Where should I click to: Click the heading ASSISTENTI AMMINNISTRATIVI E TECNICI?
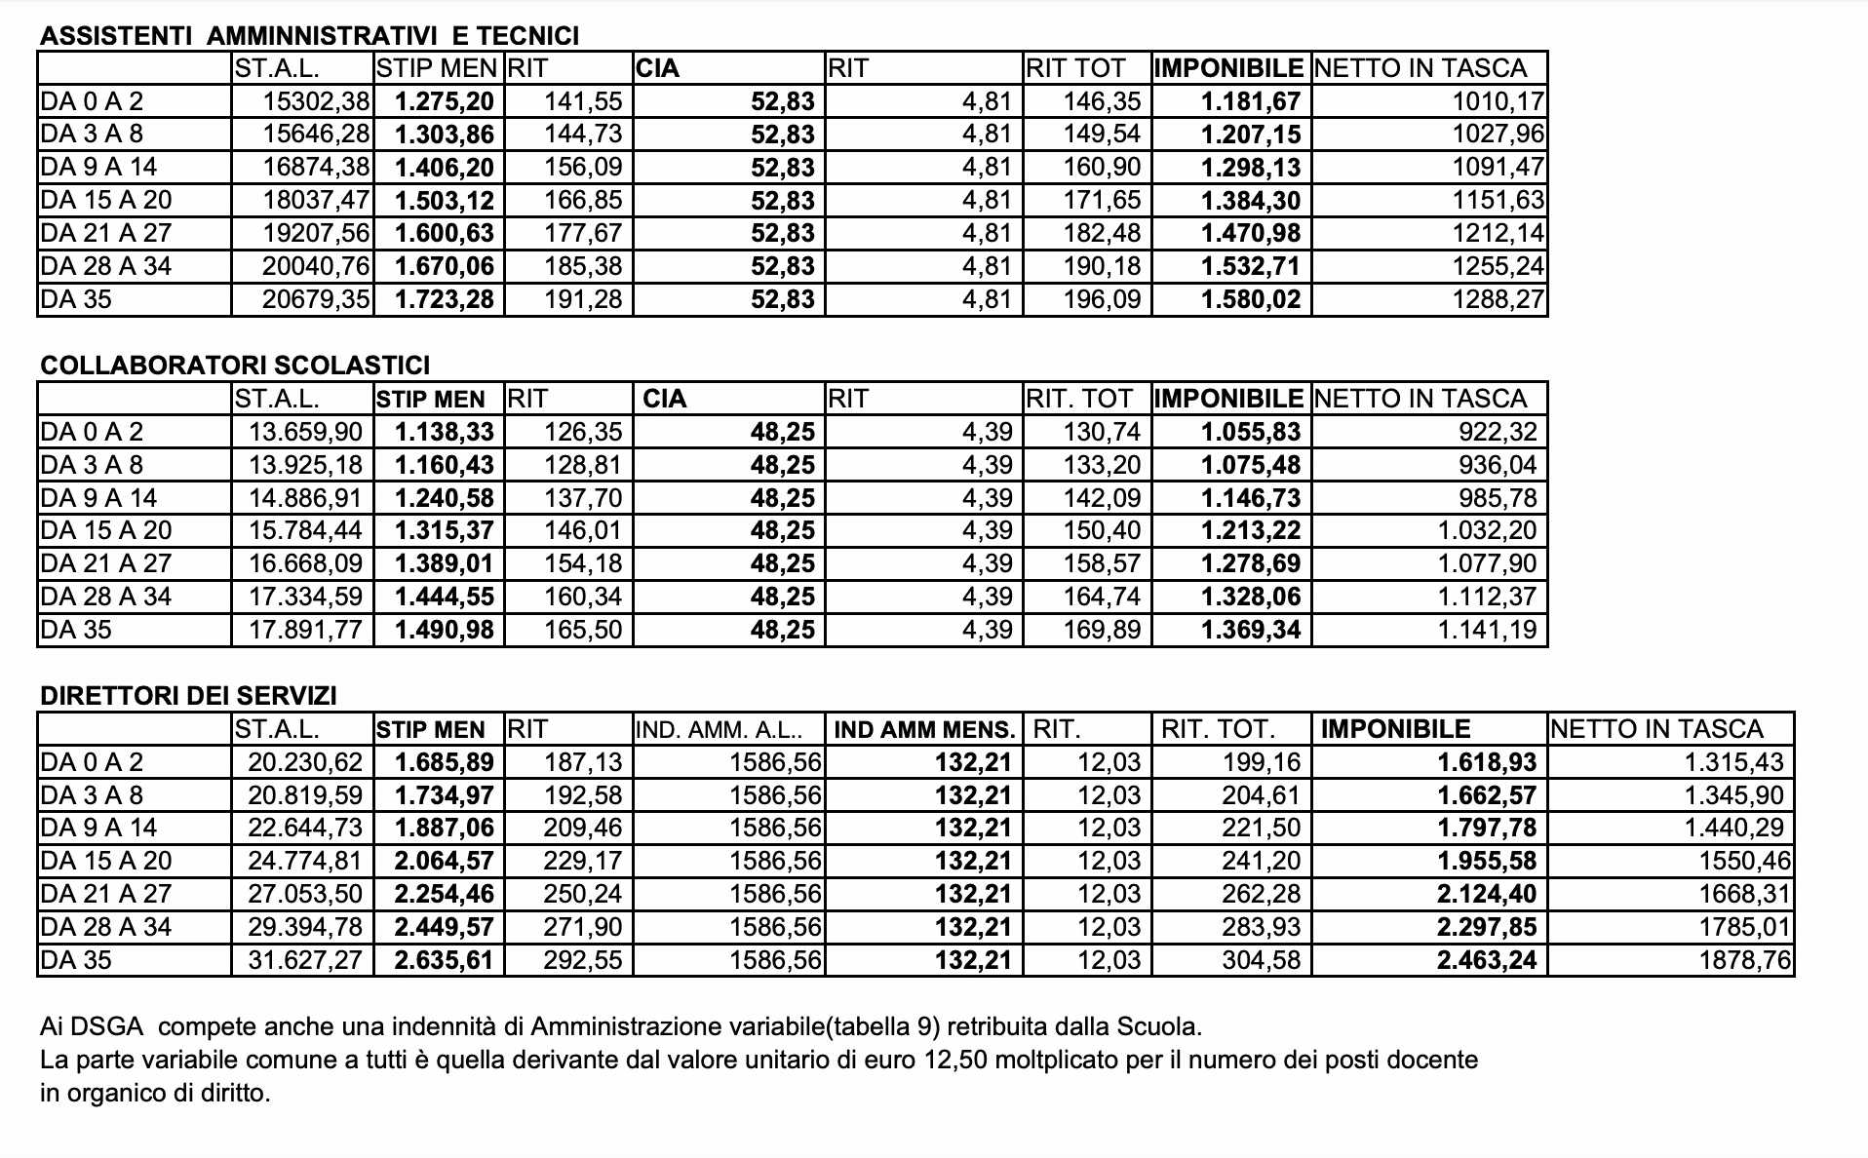[309, 36]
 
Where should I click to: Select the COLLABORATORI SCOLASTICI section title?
[235, 366]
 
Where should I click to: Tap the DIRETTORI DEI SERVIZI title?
[188, 696]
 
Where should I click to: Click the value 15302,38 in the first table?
[316, 101]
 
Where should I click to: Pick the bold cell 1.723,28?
[445, 299]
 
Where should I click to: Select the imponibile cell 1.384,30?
[1251, 201]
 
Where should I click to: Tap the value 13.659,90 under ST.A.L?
[305, 432]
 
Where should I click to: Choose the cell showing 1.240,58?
[445, 498]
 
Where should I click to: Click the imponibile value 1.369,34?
[1251, 630]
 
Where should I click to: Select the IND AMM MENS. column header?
[924, 730]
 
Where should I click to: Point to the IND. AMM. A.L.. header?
[720, 730]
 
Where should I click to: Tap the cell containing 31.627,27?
[305, 960]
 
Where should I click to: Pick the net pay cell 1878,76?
[1744, 960]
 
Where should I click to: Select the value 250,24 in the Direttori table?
[582, 894]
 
